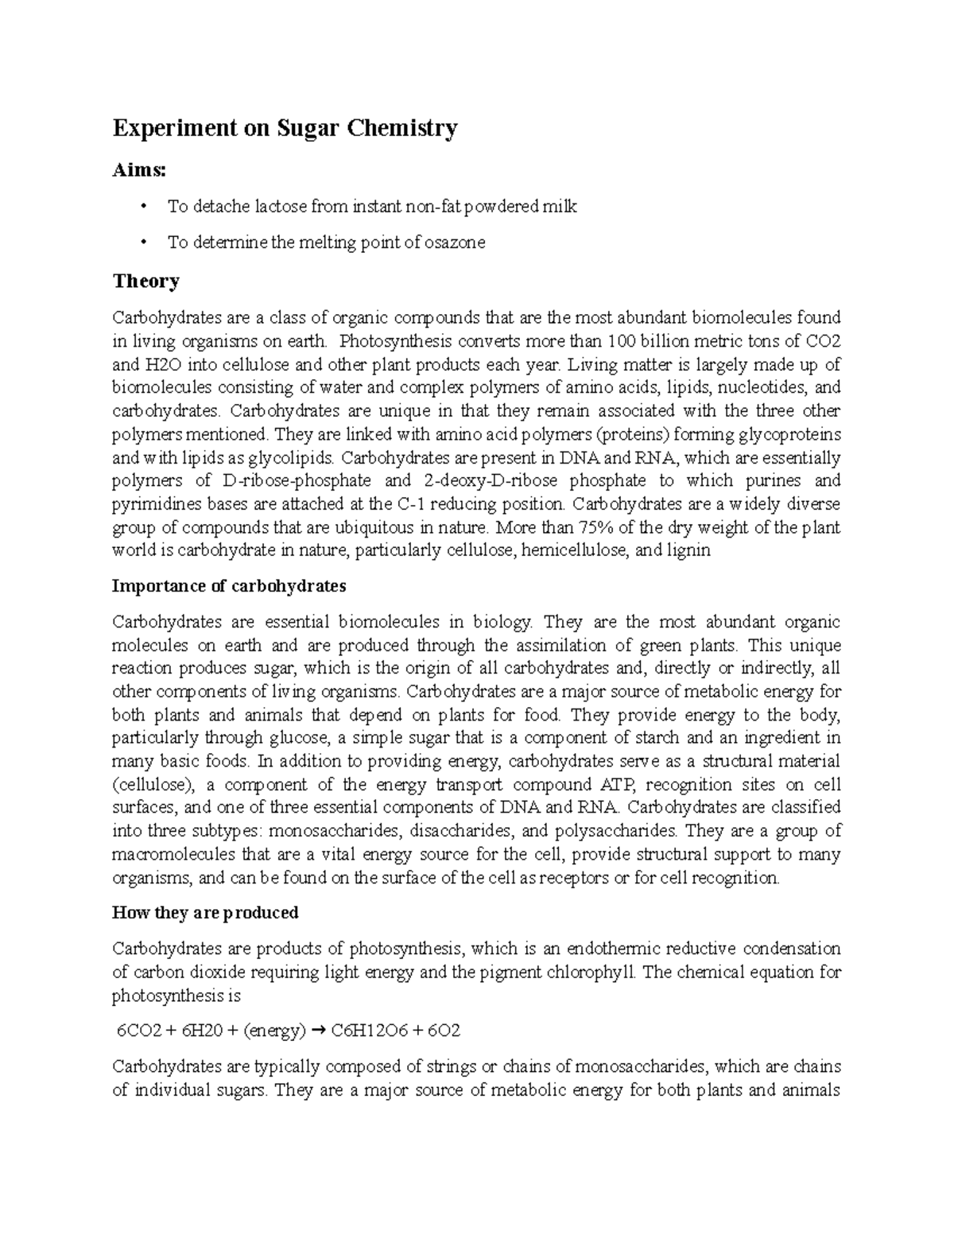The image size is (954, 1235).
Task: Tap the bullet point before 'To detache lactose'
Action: (143, 208)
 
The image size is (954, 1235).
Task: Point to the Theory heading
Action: (145, 282)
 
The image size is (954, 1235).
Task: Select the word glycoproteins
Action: (789, 435)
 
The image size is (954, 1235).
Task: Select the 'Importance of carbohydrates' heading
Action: (229, 587)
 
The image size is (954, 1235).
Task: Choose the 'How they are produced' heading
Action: (205, 913)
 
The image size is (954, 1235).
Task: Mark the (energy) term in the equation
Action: (274, 1031)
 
